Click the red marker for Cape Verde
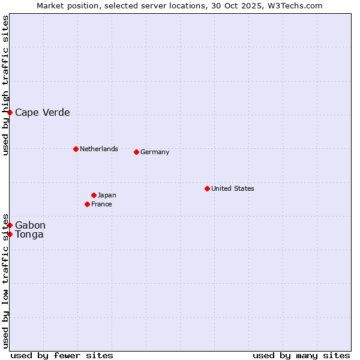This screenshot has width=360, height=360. point(10,112)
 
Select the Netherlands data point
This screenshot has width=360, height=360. point(76,149)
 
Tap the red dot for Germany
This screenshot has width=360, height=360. point(136,152)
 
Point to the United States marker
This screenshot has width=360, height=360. point(207,188)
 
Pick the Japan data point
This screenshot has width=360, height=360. point(94,195)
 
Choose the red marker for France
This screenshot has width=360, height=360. point(87,204)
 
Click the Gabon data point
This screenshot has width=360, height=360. point(10,225)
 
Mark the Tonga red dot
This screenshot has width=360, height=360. point(10,234)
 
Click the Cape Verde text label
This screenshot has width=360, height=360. point(42,112)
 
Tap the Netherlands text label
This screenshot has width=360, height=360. point(98,149)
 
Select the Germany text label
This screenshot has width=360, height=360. point(155,152)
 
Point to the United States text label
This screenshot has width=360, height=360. point(232,188)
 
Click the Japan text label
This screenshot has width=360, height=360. point(107,195)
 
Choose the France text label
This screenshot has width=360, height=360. point(101,204)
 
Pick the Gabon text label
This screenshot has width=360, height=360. point(30,225)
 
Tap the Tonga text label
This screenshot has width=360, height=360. point(29,234)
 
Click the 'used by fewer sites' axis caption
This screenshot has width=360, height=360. point(62,355)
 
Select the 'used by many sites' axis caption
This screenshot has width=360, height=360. point(301,355)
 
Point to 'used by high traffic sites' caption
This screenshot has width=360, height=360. point(5,85)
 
